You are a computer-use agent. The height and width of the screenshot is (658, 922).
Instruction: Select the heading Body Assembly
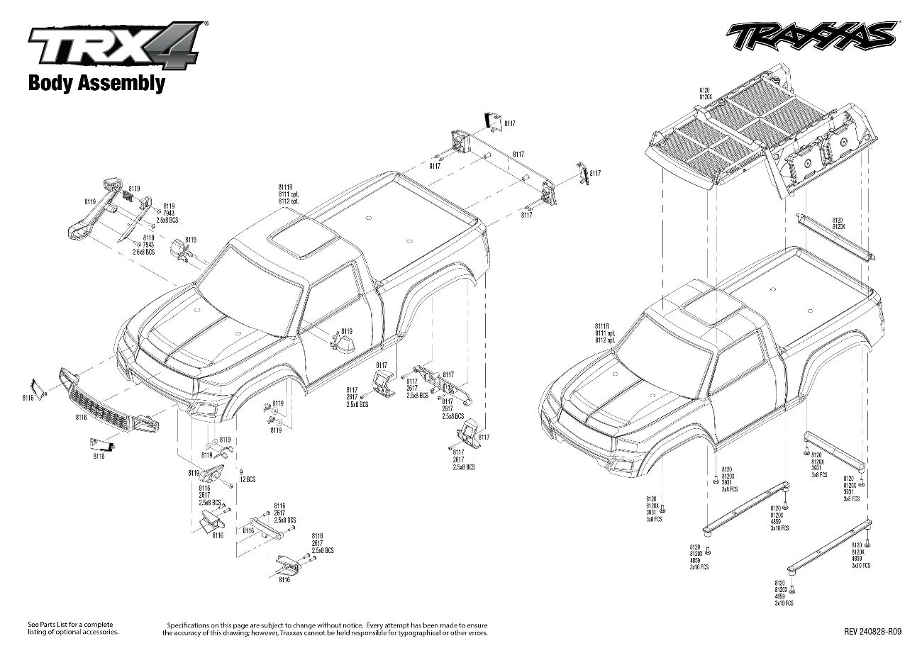coord(96,84)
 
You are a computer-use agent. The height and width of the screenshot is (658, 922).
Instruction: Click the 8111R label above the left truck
coord(286,187)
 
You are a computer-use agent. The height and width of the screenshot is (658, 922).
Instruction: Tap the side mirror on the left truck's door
coord(346,345)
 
